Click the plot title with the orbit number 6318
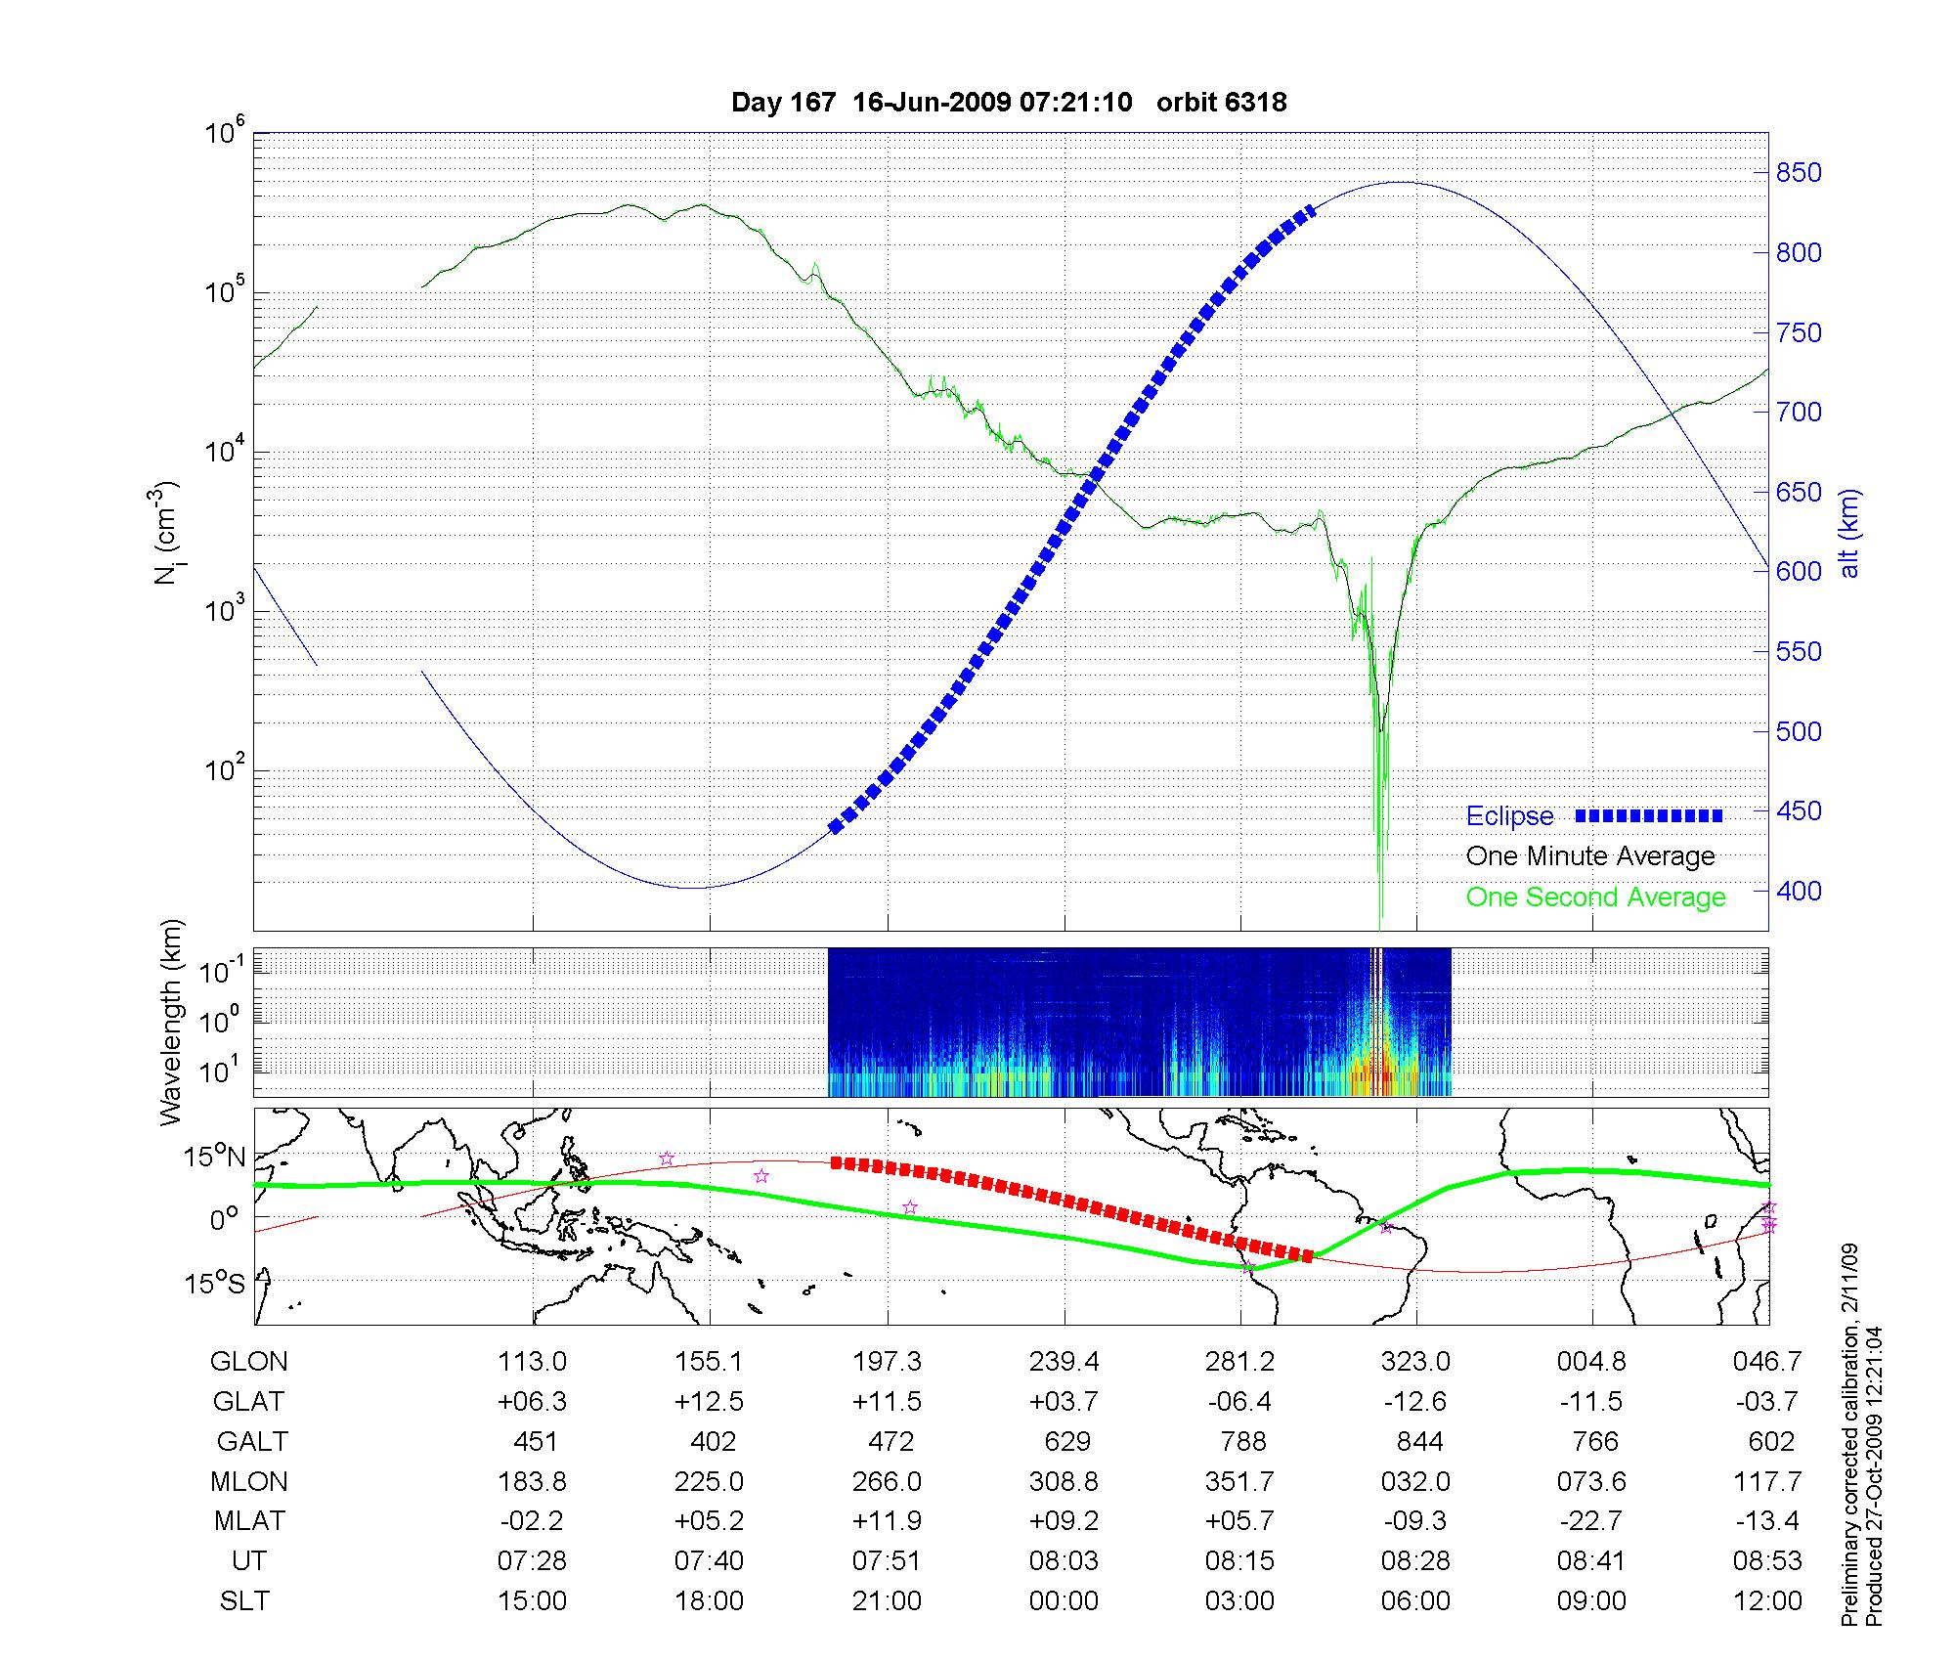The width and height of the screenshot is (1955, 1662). pyautogui.click(x=1009, y=102)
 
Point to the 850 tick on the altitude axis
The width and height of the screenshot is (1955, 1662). pyautogui.click(x=1798, y=173)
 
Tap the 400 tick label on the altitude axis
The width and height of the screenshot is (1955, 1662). pyautogui.click(x=1798, y=891)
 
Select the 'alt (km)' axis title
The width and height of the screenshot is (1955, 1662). pyautogui.click(x=1849, y=533)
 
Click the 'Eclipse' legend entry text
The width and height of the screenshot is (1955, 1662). pyautogui.click(x=1509, y=816)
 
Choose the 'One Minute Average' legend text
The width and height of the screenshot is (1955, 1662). pyautogui.click(x=1590, y=856)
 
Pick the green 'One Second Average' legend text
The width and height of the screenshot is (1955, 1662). pyautogui.click(x=1595, y=897)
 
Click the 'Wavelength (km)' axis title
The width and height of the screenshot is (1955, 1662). pyautogui.click(x=172, y=1022)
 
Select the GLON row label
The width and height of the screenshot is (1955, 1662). pyautogui.click(x=249, y=1361)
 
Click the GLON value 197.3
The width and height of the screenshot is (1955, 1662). pyautogui.click(x=887, y=1361)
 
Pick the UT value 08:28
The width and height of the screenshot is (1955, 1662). pyautogui.click(x=1415, y=1560)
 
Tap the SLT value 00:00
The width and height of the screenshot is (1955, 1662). pyautogui.click(x=1064, y=1600)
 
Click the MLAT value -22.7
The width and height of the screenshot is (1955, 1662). pyautogui.click(x=1591, y=1520)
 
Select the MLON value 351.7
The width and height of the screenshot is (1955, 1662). pyautogui.click(x=1239, y=1481)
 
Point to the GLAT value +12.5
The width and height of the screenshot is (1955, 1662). pyautogui.click(x=709, y=1401)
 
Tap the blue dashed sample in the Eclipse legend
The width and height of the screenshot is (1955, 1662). pyautogui.click(x=1648, y=815)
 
